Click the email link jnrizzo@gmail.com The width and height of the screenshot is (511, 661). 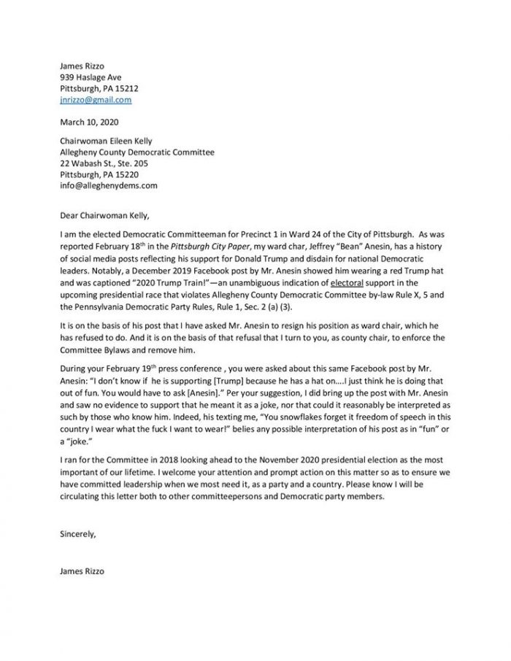(96, 99)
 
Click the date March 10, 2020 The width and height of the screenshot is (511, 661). (89, 123)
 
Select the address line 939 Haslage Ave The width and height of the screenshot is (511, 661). (91, 77)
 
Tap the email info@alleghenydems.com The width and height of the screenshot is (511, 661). (109, 186)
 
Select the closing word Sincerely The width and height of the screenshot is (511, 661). (78, 533)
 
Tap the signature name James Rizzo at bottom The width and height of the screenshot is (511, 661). (82, 571)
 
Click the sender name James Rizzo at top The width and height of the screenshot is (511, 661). (82, 66)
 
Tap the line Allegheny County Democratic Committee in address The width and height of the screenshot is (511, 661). (137, 152)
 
